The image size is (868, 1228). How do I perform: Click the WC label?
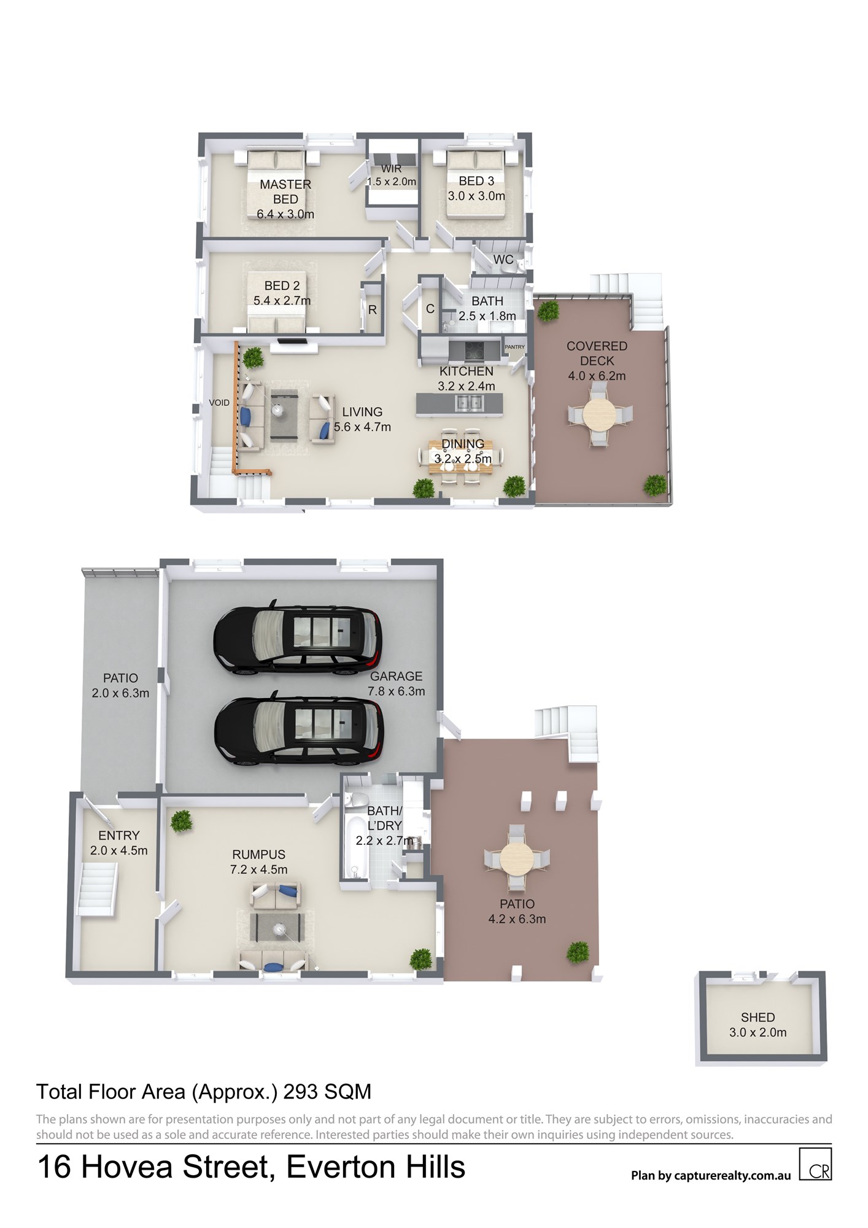click(503, 260)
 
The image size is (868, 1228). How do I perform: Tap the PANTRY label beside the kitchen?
click(515, 347)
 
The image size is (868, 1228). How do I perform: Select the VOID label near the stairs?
click(219, 403)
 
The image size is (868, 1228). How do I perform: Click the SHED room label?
click(758, 1017)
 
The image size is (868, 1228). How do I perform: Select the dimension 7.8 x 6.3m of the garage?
click(397, 691)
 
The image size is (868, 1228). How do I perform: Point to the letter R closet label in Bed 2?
click(372, 310)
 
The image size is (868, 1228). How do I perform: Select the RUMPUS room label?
click(259, 854)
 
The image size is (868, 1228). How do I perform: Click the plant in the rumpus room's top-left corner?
click(181, 822)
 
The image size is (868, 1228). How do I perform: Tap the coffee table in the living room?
click(283, 414)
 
